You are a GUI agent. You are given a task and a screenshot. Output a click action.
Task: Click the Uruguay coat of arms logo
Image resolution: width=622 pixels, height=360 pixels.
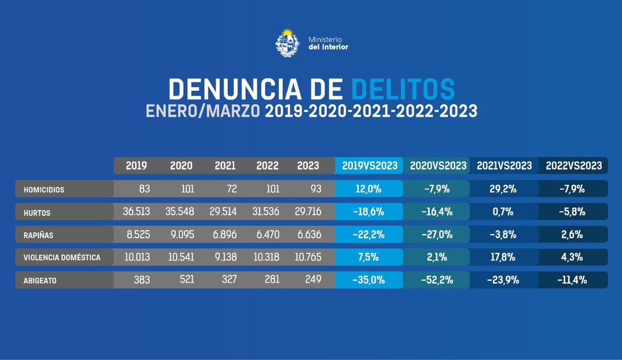click(x=287, y=44)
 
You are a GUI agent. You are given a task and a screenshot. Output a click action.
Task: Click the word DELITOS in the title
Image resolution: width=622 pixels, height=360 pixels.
click(x=403, y=89)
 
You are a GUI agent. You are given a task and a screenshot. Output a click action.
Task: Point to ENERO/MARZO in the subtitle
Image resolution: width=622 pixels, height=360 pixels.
click(x=203, y=112)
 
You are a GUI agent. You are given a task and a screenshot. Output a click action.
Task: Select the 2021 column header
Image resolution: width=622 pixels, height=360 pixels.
click(x=225, y=166)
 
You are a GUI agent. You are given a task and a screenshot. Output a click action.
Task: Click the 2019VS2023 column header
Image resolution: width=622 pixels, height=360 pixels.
click(x=370, y=166)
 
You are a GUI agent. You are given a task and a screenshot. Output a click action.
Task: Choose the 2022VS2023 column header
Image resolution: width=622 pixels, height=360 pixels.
click(x=574, y=166)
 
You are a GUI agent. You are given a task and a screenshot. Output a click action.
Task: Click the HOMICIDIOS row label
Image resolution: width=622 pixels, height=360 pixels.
click(x=44, y=190)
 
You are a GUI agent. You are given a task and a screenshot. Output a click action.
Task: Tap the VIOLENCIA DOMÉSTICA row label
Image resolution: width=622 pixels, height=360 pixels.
click(x=62, y=257)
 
